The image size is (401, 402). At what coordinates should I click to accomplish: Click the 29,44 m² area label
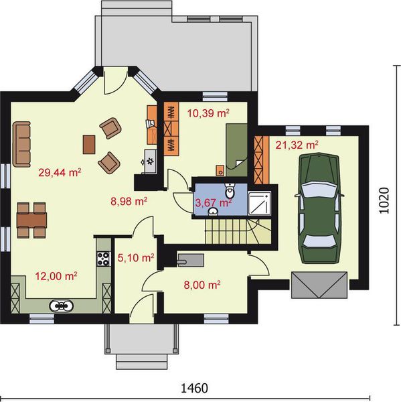60,173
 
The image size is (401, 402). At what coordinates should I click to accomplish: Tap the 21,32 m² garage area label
297,145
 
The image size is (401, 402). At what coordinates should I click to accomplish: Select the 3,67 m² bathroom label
214,203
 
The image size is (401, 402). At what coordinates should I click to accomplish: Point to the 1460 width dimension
195,389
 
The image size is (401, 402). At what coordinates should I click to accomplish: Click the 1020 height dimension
384,201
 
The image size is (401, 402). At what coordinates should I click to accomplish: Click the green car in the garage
319,208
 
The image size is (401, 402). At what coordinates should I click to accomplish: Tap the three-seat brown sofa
22,144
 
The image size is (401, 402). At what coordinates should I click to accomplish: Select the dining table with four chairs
31,220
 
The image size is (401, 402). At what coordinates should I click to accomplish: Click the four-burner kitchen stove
104,259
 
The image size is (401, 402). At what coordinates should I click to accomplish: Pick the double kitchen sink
61,306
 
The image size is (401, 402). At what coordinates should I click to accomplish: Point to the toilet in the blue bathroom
230,190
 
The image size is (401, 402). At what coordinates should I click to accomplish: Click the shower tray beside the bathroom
259,203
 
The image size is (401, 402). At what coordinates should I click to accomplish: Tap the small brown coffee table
89,145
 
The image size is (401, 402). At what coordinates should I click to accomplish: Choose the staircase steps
238,232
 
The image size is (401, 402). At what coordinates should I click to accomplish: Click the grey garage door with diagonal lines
319,285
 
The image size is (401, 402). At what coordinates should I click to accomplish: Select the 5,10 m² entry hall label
136,258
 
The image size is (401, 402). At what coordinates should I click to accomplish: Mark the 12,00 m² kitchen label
56,276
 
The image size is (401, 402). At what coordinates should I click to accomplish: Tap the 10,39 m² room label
208,113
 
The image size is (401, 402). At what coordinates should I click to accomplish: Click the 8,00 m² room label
202,285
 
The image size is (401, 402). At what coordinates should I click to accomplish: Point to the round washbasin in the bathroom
213,212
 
